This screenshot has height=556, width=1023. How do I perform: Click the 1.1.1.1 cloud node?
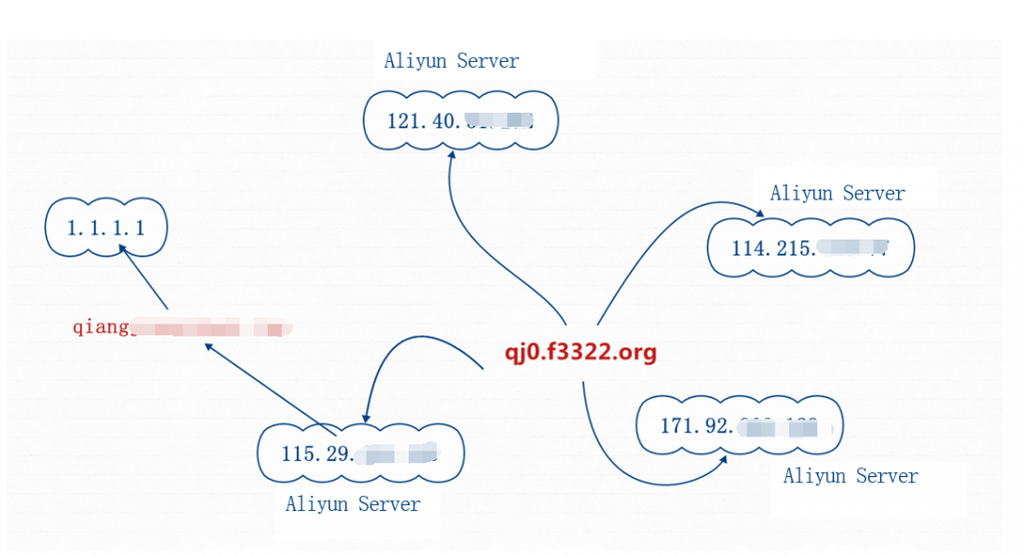click(106, 229)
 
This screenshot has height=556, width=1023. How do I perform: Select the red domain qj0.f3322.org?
click(579, 352)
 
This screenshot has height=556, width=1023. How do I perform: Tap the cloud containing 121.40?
click(460, 122)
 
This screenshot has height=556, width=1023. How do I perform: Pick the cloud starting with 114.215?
click(810, 249)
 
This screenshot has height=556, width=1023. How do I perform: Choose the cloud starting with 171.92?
click(740, 426)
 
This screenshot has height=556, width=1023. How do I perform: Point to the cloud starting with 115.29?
click(360, 454)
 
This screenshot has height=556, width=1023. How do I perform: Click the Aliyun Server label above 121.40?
click(452, 61)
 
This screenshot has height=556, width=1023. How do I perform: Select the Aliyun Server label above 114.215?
click(837, 194)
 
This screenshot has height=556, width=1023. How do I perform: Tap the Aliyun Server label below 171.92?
click(850, 476)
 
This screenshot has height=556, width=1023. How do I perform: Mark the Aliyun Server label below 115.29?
click(353, 504)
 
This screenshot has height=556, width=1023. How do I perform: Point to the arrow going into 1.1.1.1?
click(146, 281)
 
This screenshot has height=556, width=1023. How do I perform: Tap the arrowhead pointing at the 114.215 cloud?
click(758, 215)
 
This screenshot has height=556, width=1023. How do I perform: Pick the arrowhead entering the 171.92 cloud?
click(720, 461)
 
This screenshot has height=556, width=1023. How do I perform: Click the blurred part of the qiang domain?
click(210, 327)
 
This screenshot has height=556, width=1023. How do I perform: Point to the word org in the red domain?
click(636, 353)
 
